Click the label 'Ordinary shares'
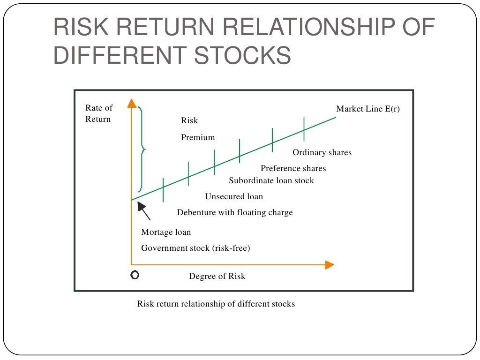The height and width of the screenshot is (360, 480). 322,152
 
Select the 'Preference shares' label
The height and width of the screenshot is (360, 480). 293,168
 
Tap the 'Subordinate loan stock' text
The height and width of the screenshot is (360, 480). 271,180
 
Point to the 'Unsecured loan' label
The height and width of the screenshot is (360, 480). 234,196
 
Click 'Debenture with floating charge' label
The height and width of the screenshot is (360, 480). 235,212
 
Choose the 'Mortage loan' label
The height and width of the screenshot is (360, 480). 166,232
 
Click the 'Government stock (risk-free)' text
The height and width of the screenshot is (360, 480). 195,248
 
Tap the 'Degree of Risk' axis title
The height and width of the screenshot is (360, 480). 217,276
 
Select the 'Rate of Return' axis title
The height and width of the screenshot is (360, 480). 98,113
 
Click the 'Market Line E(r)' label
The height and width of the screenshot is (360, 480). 368,109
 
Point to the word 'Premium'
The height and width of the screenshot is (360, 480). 198,137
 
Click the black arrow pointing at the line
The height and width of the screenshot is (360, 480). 144,211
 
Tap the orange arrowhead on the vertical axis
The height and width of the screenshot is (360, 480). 132,104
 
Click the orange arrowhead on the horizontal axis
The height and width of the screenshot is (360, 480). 329,265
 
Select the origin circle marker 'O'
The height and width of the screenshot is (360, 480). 135,276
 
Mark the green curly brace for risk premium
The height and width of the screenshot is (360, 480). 141,150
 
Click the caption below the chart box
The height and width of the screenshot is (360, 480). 216,304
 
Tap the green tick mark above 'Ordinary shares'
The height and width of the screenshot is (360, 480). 304,129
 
